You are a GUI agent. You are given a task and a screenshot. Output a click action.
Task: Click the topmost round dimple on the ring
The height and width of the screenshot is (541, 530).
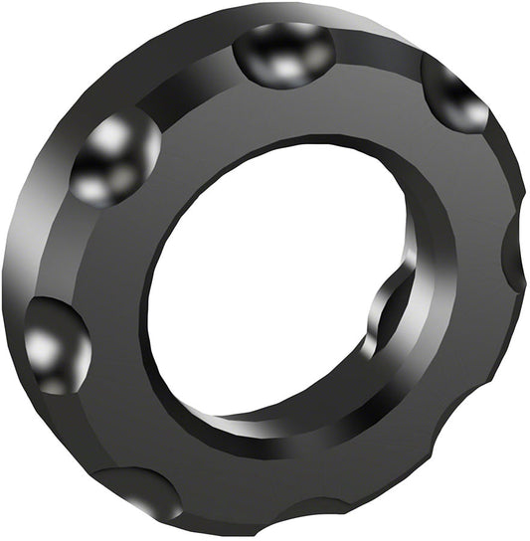point(285,55)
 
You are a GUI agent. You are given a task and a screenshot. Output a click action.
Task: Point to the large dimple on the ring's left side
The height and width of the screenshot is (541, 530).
point(56,343)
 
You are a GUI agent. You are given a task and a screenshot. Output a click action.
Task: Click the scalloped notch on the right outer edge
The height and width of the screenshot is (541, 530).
point(514,257)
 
